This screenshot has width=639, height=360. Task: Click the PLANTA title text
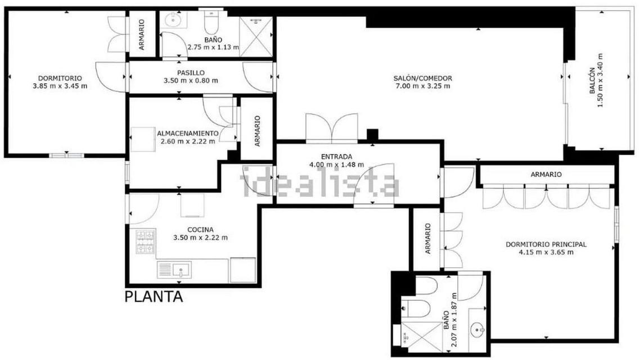(x=154, y=296)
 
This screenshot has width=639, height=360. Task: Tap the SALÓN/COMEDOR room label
(x=422, y=78)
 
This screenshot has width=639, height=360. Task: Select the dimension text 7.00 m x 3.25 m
(x=423, y=86)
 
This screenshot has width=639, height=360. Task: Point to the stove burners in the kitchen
(x=145, y=242)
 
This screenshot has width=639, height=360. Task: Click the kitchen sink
(x=174, y=270)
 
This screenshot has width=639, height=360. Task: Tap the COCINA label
(x=200, y=230)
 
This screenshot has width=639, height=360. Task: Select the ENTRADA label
(x=336, y=156)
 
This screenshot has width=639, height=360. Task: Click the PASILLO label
(x=191, y=73)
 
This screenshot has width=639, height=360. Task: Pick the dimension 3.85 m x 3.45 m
(x=60, y=86)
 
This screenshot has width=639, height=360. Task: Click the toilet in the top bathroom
(x=211, y=23)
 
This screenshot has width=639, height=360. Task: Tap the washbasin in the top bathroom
(x=174, y=19)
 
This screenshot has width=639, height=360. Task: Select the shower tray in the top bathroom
(x=255, y=37)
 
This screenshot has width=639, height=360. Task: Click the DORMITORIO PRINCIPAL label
(x=546, y=245)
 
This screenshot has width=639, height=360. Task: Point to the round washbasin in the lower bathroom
(x=477, y=328)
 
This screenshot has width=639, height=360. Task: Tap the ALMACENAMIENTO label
(x=188, y=133)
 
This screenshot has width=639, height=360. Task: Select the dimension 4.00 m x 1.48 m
(x=336, y=165)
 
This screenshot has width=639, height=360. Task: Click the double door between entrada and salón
(x=332, y=128)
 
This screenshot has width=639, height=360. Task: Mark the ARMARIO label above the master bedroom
(x=546, y=174)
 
